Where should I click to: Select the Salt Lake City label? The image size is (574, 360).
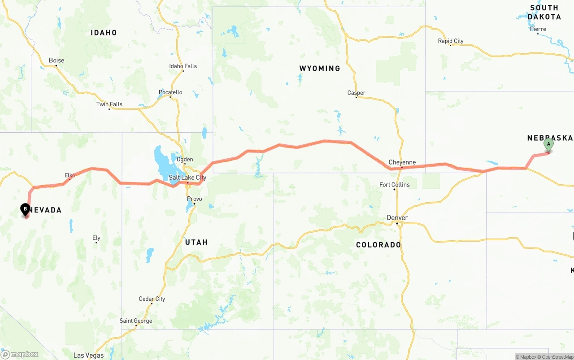[187, 178]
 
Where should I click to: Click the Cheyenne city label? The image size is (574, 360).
[402, 162]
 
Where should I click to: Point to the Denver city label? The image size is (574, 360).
[397, 218]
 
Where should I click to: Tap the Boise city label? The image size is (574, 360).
[57, 61]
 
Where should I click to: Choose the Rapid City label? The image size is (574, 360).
[451, 41]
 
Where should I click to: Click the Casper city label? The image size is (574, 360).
[357, 93]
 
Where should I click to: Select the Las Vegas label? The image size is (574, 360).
[88, 356]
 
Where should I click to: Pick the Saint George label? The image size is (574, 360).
[136, 321]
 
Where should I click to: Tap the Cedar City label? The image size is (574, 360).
[152, 299]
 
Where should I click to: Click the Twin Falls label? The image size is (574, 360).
[109, 104]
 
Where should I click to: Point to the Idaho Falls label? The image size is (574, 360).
[183, 66]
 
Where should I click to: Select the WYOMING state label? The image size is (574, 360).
[320, 69]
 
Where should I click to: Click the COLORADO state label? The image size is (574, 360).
[378, 245]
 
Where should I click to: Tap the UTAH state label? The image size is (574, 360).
[196, 242]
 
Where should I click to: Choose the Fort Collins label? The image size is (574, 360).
[395, 185]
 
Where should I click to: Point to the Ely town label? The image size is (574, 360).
[96, 238]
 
